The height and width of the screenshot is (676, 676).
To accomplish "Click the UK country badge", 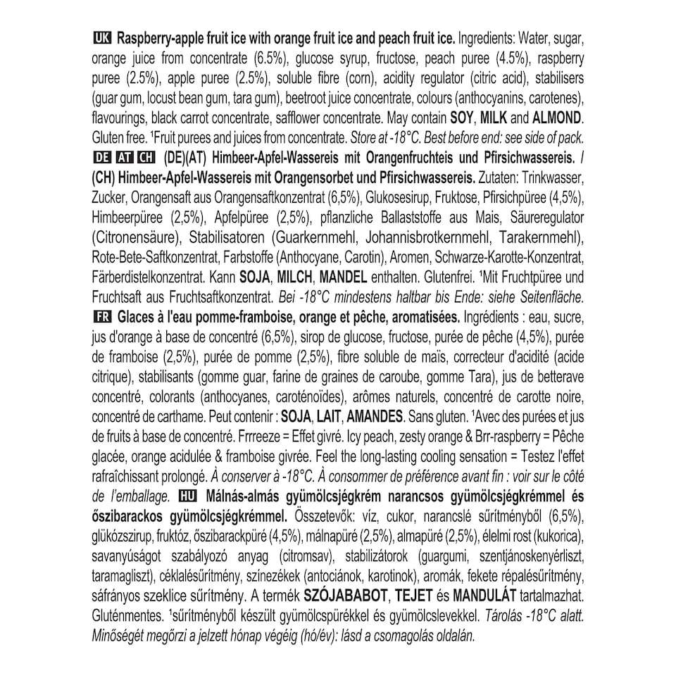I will [x=101, y=38].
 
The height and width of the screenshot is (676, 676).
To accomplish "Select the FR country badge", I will [x=101, y=313].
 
